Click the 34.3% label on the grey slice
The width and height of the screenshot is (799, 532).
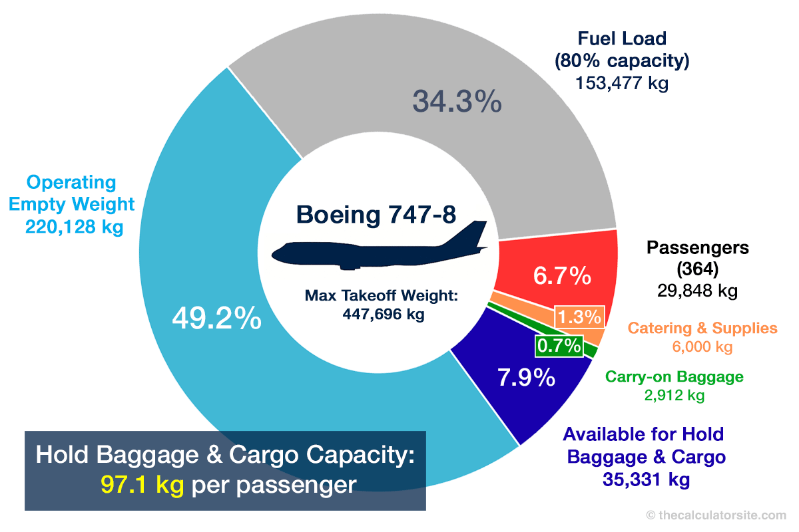point(457,102)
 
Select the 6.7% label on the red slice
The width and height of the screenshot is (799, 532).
point(563,274)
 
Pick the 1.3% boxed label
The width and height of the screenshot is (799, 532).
point(579,317)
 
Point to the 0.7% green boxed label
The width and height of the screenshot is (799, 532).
point(558,346)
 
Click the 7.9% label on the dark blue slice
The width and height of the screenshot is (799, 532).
point(526,378)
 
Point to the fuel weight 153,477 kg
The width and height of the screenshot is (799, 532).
point(621,84)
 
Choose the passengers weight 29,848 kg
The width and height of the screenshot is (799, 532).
point(698,291)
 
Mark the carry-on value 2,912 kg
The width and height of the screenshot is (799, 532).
point(674,396)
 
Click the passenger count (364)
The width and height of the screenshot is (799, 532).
point(697,269)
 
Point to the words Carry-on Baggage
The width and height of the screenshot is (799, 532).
point(674,377)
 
